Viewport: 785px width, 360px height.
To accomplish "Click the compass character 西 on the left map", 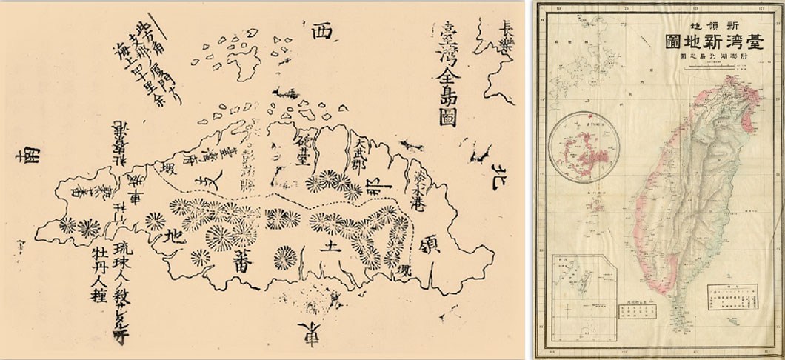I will point(318,33).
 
